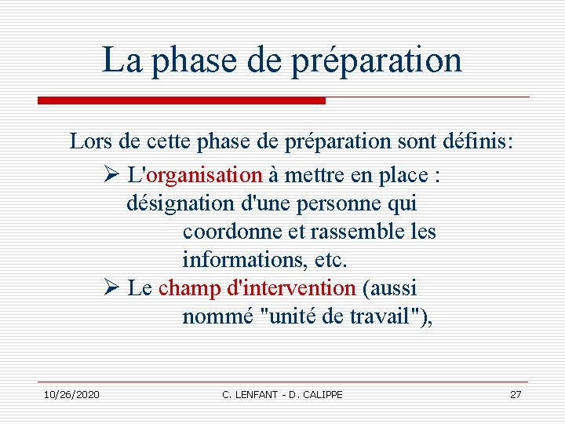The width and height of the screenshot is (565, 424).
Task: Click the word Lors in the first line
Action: (90, 142)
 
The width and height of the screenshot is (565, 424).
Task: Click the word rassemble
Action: (348, 232)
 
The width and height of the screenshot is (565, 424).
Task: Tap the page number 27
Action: (516, 394)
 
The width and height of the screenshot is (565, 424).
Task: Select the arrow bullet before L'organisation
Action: (111, 174)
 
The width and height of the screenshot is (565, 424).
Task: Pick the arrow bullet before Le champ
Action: (111, 288)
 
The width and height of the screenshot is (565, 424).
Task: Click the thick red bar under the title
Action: (181, 101)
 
